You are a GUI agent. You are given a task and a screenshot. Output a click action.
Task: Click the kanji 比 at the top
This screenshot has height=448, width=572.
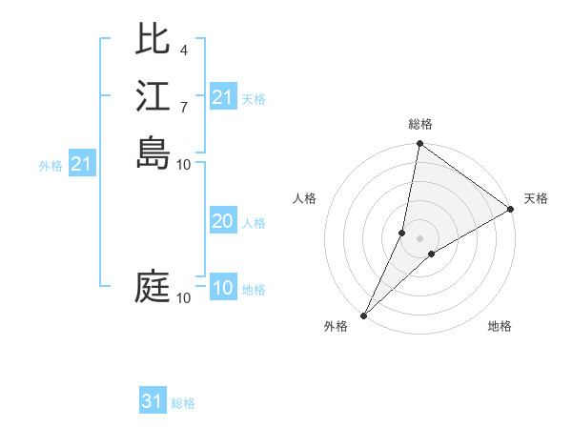[x=153, y=39]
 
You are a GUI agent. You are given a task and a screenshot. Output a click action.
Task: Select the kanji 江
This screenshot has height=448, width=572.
[x=153, y=96]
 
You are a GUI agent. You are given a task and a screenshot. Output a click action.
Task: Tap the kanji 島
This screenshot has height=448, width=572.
[x=153, y=153]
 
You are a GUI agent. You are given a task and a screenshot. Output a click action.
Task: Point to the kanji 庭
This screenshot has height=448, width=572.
[x=153, y=287]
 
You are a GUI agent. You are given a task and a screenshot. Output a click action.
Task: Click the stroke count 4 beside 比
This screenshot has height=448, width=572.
[x=183, y=50]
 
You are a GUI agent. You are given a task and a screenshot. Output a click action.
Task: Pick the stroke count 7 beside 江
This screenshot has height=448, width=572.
[x=183, y=107]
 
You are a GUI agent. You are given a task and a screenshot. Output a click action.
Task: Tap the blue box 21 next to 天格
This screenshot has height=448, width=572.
[x=223, y=97]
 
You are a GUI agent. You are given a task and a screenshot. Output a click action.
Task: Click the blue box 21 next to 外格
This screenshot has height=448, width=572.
[x=81, y=164]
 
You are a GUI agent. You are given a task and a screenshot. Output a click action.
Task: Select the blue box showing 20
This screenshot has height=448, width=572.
[x=223, y=221]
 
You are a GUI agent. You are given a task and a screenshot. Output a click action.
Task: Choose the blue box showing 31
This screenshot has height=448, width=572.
[x=153, y=401]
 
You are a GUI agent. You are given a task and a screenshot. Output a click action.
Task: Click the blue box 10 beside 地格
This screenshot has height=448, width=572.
[x=223, y=289]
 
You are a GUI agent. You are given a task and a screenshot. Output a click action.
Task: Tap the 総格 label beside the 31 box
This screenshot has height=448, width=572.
[x=183, y=403]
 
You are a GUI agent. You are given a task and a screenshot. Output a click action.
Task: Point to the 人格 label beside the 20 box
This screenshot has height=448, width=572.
[x=254, y=223]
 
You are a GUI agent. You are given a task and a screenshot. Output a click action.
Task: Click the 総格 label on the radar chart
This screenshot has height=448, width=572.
[x=420, y=124]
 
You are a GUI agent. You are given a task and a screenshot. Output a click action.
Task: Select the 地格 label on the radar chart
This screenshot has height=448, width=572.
[x=500, y=326]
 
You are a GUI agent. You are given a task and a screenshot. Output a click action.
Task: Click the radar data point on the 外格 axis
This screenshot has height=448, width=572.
[x=364, y=315]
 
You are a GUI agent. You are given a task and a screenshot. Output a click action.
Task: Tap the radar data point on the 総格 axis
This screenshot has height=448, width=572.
[x=420, y=144]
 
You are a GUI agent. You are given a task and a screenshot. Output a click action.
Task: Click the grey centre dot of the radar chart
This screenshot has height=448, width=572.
[x=420, y=238]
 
